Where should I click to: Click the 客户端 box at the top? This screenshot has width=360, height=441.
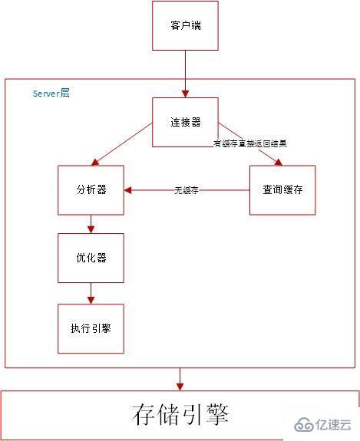pos(185,25)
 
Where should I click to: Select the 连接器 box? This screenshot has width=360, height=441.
pos(185,122)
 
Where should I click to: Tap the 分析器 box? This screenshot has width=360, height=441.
pos(91,189)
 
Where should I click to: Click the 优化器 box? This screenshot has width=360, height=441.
pos(91,258)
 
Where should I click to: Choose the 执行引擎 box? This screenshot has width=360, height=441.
pos(91,327)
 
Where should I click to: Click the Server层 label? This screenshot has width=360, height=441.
pos(51,93)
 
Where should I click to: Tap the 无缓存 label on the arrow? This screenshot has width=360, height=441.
pos(187,190)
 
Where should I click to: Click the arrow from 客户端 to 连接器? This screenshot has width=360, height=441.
pos(185,73)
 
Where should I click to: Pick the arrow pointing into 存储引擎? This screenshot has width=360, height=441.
pos(180,379)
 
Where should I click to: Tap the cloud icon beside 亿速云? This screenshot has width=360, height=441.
pos(302,425)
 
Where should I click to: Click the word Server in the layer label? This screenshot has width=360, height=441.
pos(46,93)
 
